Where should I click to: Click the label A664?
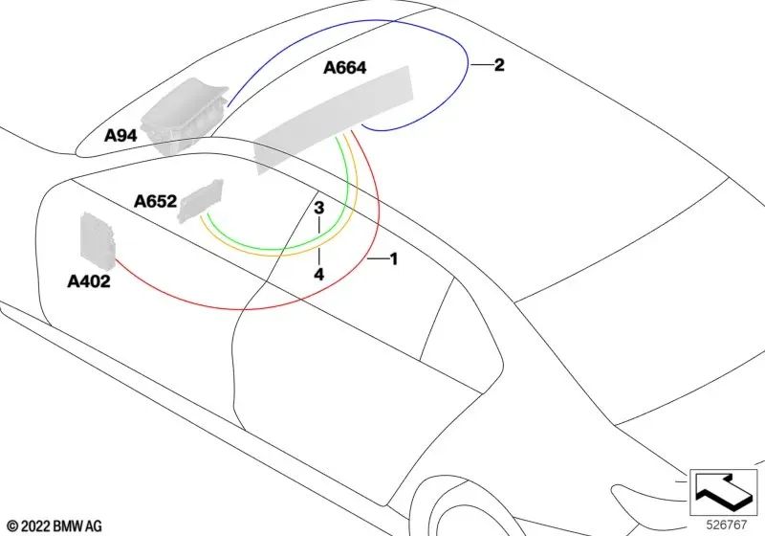344,67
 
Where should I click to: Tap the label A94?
120,135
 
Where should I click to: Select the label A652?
155,201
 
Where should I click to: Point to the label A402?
88,281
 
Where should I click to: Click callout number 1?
394,259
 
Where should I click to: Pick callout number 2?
499,65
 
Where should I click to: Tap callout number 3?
318,208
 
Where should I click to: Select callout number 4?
318,275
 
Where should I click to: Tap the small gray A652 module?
201,201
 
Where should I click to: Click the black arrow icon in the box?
724,490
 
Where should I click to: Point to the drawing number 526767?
727,525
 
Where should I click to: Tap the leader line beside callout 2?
481,65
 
